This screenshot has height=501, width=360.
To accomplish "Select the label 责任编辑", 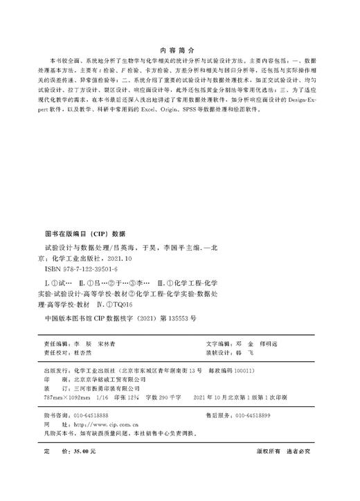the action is pyautogui.click(x=57, y=343).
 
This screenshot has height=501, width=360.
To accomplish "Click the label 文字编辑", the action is pyautogui.click(x=219, y=343).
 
